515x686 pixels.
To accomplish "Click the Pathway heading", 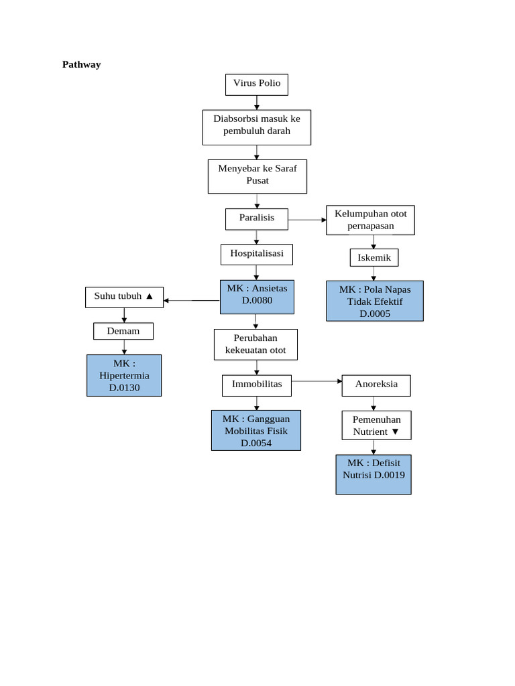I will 81,65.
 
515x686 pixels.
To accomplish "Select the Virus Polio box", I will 257,84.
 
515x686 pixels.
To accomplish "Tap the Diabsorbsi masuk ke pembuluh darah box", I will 257,127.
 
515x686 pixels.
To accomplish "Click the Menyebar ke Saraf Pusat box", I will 257,176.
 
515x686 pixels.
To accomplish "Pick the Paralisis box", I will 257,219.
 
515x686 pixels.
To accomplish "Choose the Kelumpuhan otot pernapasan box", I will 370,220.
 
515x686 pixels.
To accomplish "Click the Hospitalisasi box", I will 257,255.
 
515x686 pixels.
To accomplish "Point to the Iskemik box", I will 374,258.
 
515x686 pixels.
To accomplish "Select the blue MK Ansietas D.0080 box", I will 257,296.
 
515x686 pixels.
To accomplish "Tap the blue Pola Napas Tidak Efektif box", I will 374,301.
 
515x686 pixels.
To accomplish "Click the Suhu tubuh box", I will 124,297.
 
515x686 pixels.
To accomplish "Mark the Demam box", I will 123,331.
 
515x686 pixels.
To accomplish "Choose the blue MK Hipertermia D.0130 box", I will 124,375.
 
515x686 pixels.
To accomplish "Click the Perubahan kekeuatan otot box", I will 255,344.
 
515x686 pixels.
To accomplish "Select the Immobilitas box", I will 257,385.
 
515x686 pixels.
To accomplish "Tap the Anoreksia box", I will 376,385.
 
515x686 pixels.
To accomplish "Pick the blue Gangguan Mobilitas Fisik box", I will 255,430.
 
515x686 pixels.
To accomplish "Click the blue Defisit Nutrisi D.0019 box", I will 373,474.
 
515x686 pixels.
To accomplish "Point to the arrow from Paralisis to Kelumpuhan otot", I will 307,220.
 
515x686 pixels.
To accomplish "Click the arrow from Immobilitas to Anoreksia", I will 317,381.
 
